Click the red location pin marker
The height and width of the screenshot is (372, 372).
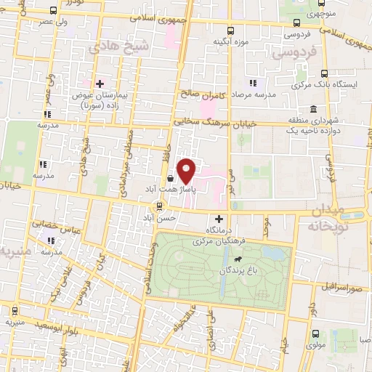(x=187, y=171)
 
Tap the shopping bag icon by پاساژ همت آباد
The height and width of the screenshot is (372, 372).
(x=170, y=177)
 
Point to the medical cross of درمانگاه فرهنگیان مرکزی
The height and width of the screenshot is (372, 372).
(x=219, y=218)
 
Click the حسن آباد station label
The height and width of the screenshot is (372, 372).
(x=160, y=217)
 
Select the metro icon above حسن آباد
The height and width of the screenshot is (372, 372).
(x=160, y=206)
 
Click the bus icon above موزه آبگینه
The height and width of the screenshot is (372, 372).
(x=230, y=31)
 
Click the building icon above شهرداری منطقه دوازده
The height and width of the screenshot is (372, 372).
(x=313, y=110)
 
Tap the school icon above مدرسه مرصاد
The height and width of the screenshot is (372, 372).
(x=253, y=83)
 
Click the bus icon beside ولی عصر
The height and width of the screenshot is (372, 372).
(x=54, y=11)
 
